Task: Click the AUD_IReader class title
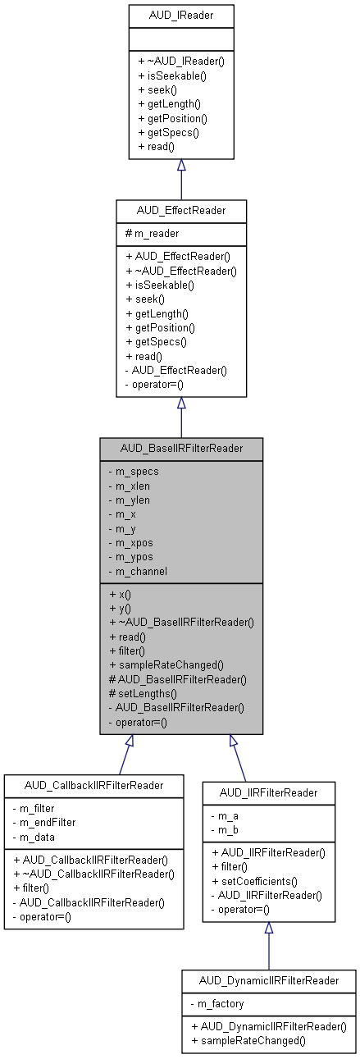[181, 16]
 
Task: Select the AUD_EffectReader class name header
[181, 211]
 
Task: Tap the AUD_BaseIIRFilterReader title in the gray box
[181, 449]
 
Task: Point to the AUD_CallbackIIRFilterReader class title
[93, 785]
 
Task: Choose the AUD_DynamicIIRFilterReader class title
[268, 980]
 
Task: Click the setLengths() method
[147, 693]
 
